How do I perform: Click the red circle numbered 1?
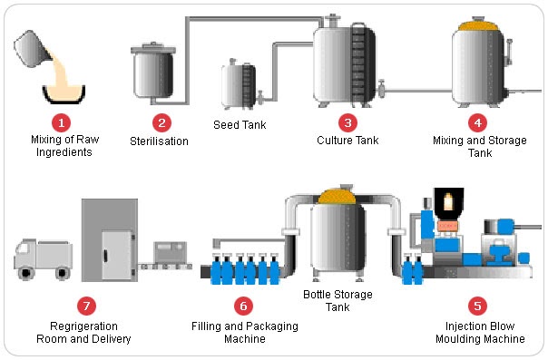[61, 121]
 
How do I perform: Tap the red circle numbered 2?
[161, 121]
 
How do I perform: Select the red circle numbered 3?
[347, 121]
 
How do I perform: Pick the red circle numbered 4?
[478, 121]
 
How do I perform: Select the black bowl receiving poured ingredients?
[64, 92]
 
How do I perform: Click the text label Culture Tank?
[347, 141]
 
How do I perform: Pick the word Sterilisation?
[161, 141]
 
